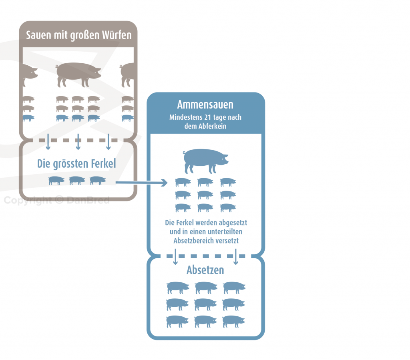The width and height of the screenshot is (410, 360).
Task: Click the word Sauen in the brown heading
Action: pos(37,35)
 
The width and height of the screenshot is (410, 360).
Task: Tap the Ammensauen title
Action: pos(205,105)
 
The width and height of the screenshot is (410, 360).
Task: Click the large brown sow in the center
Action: pos(78,74)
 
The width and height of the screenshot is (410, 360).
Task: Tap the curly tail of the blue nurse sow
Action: pos(185,153)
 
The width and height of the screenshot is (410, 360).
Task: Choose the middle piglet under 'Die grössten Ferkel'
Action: pos(77,180)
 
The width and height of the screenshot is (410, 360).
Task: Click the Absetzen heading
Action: pos(205,270)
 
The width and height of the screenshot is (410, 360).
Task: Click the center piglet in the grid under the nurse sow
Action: pos(205,195)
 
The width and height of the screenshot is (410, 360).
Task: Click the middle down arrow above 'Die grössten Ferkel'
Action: pos(78,142)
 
